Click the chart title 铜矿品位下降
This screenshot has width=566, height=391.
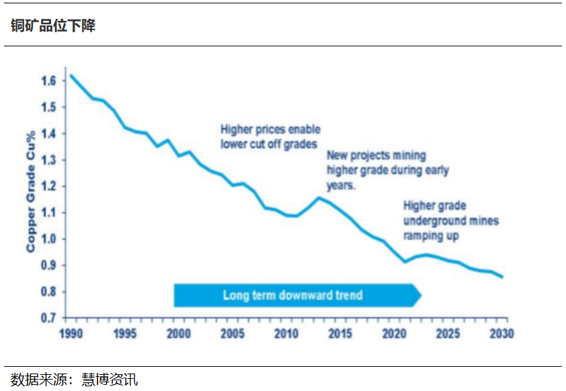click(x=53, y=26)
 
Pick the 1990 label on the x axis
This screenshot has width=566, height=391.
click(x=69, y=334)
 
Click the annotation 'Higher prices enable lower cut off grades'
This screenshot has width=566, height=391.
click(x=271, y=136)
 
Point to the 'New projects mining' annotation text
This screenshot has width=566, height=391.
click(x=376, y=156)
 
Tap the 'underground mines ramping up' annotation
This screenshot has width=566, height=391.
click(x=451, y=228)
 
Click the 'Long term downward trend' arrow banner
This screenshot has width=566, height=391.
click(x=293, y=295)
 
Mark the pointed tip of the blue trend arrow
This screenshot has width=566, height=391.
click(x=420, y=295)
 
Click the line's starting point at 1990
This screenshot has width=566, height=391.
click(x=70, y=75)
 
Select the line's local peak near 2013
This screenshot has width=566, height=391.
click(x=318, y=198)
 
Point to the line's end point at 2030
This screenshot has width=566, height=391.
click(x=502, y=277)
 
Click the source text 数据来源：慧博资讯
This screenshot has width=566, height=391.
click(x=75, y=380)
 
